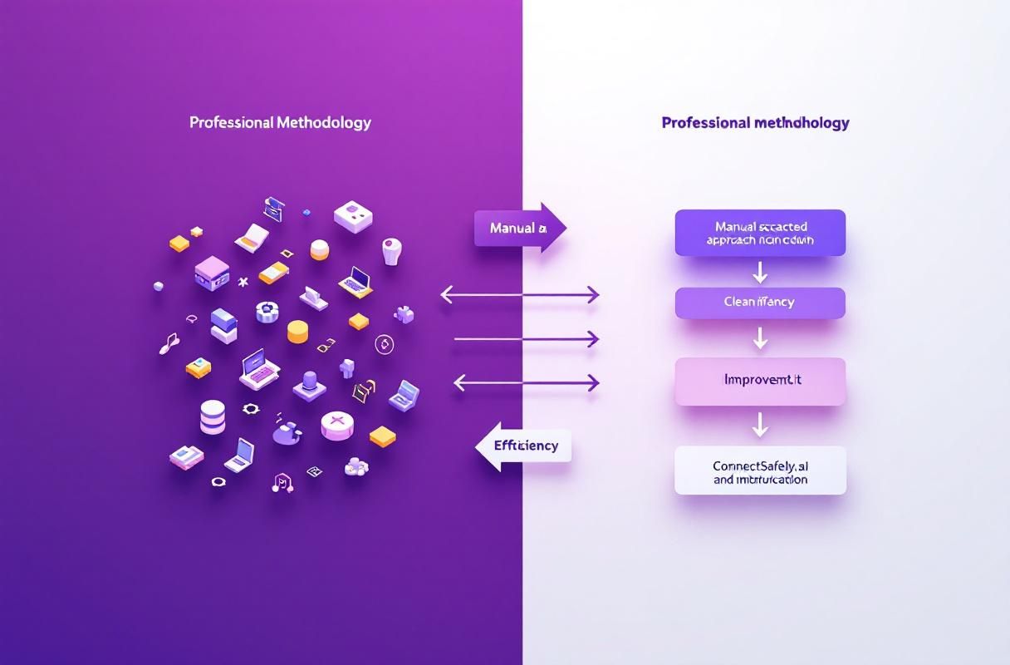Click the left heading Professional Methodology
[x=280, y=122]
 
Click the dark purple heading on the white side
[x=755, y=123]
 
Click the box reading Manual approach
[x=760, y=233]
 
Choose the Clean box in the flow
[x=760, y=303]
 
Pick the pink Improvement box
[x=760, y=382]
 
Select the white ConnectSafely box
[x=760, y=470]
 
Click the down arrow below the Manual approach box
[x=759, y=272]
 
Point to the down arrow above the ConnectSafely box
[x=759, y=426]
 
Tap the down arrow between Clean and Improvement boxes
[x=759, y=337]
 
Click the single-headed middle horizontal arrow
[x=526, y=338]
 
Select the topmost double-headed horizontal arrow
[x=519, y=294]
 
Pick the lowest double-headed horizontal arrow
[x=526, y=382]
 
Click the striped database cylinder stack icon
[x=213, y=416]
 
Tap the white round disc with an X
[x=336, y=425]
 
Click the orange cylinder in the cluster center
[x=298, y=332]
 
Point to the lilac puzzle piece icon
[x=404, y=314]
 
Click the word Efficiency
[x=526, y=446]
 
